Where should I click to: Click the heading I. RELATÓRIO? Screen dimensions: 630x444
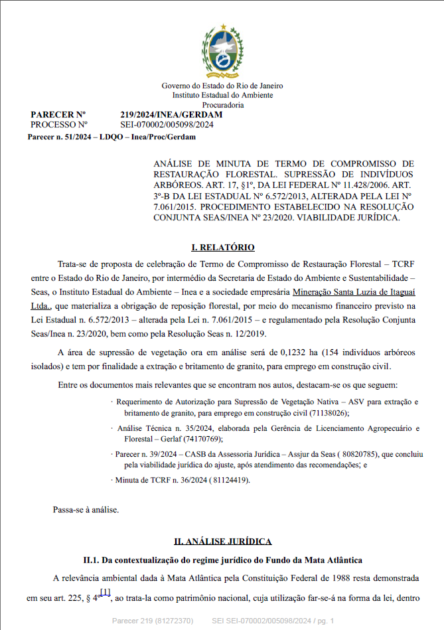[x=222, y=248]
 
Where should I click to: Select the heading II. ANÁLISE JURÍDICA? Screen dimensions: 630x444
[x=222, y=542]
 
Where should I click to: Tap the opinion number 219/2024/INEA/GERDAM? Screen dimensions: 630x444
[x=171, y=115]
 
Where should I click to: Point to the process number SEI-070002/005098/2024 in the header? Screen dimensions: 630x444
[x=167, y=124]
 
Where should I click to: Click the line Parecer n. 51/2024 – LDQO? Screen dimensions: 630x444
[x=111, y=137]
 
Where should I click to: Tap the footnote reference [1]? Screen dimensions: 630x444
[x=105, y=591]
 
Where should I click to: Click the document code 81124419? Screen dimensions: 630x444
[x=229, y=479]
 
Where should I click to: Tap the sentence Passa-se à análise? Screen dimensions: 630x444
[x=86, y=510]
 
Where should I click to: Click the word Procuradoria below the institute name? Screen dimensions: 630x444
[x=222, y=105]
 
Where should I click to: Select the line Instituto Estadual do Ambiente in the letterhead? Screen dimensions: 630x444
[x=222, y=95]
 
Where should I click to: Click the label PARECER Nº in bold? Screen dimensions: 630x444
[x=58, y=115]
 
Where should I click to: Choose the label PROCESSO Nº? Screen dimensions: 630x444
[x=59, y=124]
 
